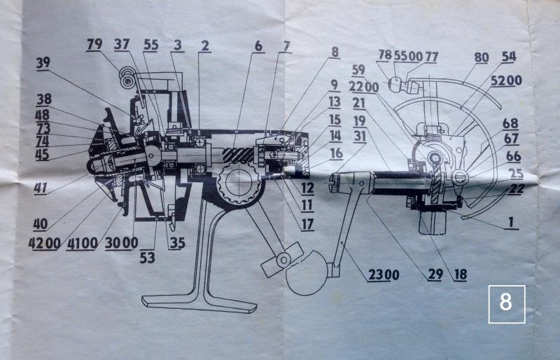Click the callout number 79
94,44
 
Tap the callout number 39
43,63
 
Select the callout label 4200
45,243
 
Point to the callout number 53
148,258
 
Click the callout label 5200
506,81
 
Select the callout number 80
482,57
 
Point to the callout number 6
258,46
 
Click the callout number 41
41,188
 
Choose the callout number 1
511,222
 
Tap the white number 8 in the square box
506,303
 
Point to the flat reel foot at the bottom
199,303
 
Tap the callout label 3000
121,243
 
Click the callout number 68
510,123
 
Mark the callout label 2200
364,87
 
